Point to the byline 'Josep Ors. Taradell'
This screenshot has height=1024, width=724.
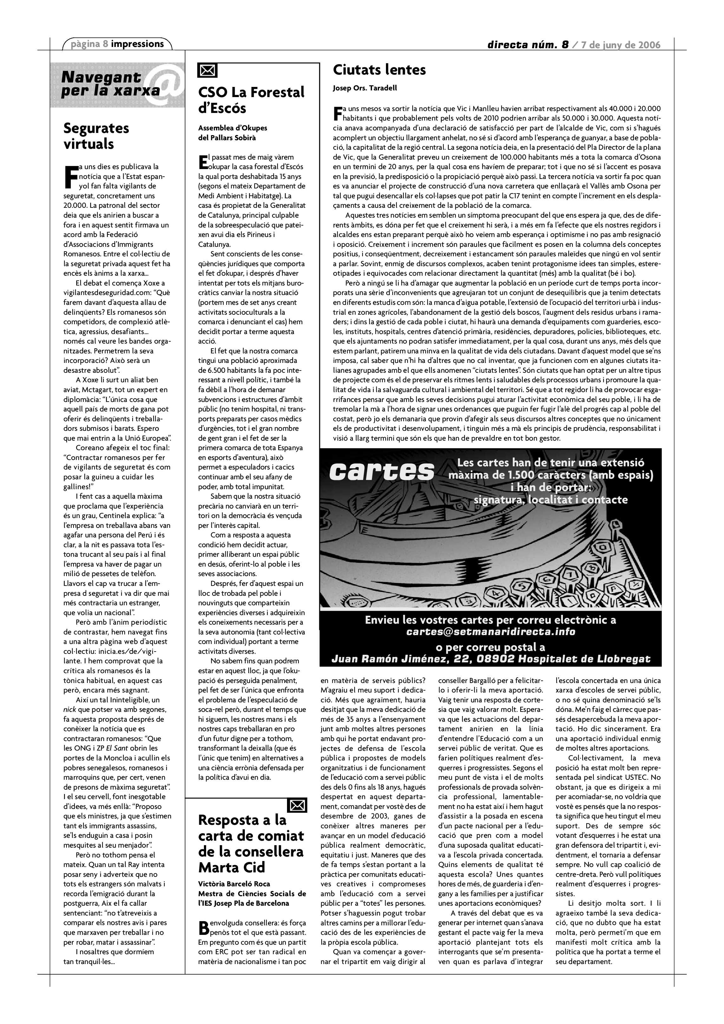[365, 88]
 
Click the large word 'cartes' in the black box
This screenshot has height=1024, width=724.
[381, 471]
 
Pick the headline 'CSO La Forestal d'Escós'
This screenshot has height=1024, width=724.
[251, 100]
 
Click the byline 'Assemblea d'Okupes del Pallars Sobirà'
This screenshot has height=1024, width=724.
[232, 133]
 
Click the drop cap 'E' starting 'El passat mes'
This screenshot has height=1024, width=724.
[203, 162]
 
